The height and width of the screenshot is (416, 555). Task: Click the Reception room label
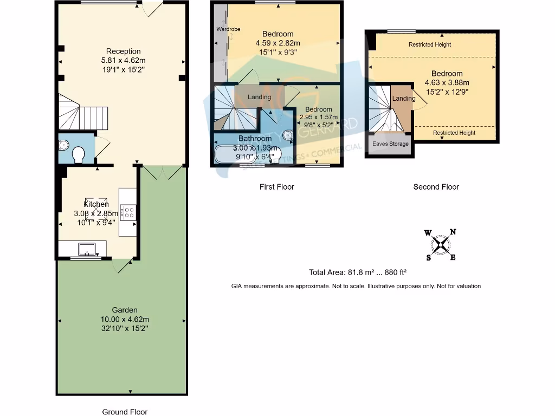[x=123, y=51]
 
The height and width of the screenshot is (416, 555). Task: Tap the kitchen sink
[x=87, y=249]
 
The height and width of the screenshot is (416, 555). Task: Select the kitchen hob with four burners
[x=128, y=212]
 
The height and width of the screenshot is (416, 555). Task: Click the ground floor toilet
[x=79, y=154]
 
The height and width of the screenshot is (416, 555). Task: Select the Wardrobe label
[x=228, y=29]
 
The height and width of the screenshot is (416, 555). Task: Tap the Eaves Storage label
[x=390, y=144]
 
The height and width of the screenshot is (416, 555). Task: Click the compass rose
[x=442, y=245]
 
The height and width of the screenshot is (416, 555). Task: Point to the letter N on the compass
[x=453, y=232]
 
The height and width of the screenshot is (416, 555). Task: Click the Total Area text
[x=357, y=273]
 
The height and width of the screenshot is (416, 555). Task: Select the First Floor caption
[x=276, y=187]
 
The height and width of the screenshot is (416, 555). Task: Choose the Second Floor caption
[x=436, y=187]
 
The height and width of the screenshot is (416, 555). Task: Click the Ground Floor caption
[x=125, y=412]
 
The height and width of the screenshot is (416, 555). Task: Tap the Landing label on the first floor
[x=259, y=97]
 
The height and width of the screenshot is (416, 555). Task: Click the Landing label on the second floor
[x=403, y=99]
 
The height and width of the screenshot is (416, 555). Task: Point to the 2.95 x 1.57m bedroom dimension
[x=318, y=117]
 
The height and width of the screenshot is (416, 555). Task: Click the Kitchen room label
[x=95, y=204]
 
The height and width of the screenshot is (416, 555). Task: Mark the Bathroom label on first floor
[x=255, y=139]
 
